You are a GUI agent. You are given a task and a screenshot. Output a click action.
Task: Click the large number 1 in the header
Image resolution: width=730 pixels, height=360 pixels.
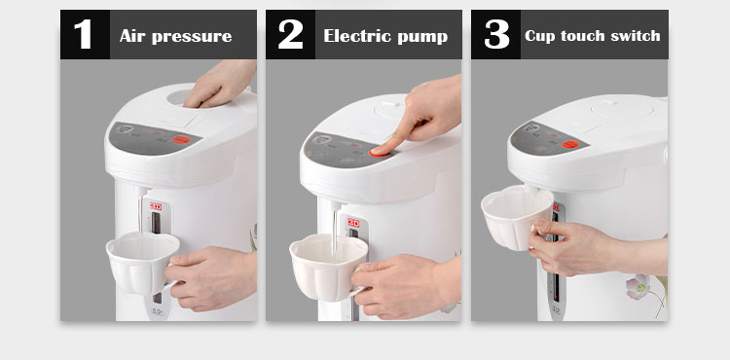(x=84, y=34)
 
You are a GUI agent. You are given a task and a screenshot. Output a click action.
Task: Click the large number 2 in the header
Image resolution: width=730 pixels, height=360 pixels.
(x=290, y=34)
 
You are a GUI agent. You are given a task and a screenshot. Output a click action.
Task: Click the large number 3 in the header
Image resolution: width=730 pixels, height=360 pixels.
(x=496, y=34)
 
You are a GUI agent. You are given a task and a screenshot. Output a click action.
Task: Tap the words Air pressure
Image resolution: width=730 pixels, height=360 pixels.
(x=175, y=36)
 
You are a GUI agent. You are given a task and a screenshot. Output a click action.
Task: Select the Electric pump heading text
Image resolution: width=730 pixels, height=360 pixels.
(x=385, y=36)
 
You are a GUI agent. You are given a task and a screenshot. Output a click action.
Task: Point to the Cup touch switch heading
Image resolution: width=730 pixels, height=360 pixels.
(x=592, y=36)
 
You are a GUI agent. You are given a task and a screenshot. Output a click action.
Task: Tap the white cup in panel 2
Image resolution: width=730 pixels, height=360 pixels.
(x=329, y=267)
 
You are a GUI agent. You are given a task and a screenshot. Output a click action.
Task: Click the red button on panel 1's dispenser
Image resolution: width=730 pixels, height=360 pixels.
(x=181, y=139)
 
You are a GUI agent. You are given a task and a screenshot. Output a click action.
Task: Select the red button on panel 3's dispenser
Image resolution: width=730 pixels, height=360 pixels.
(x=569, y=144)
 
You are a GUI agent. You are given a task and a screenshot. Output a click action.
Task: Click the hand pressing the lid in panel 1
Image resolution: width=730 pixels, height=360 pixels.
(x=221, y=84)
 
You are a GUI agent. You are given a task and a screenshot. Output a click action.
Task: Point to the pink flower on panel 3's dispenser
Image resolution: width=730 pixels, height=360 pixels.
(x=637, y=286)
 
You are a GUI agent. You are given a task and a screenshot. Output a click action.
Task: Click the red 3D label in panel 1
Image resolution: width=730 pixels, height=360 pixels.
(x=156, y=206)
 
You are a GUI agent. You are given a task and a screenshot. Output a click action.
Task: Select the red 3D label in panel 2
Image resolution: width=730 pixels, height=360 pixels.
(x=353, y=223)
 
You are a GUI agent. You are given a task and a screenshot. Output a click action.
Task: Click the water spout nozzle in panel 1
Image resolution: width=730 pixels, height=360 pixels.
(x=140, y=191)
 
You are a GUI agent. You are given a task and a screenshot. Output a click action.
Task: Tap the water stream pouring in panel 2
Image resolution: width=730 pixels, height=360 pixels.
(x=334, y=233)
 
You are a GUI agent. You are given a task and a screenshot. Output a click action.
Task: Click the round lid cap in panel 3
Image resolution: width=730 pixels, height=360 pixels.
(x=622, y=108)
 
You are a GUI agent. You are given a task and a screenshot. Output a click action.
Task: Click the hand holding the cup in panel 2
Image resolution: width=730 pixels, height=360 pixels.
(x=400, y=284)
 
